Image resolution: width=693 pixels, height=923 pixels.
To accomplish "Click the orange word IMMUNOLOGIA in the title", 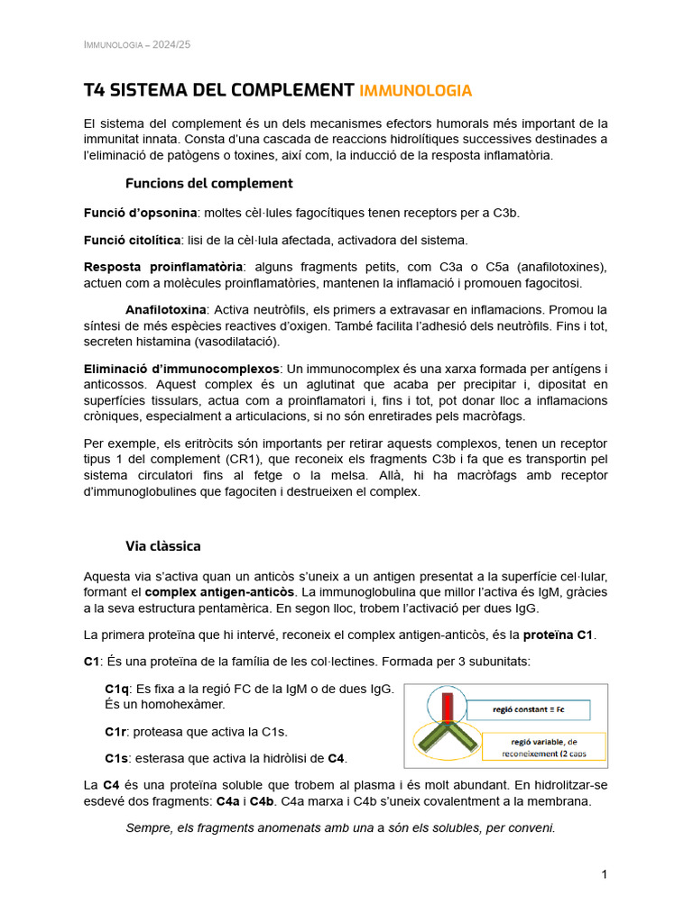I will pyautogui.click(x=415, y=90).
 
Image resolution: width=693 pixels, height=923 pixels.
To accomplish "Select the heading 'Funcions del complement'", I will pyautogui.click(x=208, y=183).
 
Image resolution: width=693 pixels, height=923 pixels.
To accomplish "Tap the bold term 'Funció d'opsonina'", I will pyautogui.click(x=140, y=213).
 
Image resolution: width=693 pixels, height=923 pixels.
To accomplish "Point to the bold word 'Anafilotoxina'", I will pyautogui.click(x=166, y=309).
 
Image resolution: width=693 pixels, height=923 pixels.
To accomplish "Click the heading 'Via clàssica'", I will pyautogui.click(x=162, y=546).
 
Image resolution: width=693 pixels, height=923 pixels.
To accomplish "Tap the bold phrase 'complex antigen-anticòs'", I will pyautogui.click(x=219, y=591).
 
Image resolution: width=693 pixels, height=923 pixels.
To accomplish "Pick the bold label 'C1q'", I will pyautogui.click(x=117, y=689).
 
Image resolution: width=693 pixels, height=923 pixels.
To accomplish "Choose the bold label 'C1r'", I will pyautogui.click(x=116, y=731).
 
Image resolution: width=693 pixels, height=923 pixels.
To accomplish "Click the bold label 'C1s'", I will pyautogui.click(x=117, y=758).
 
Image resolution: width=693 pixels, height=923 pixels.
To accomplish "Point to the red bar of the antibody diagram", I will pyautogui.click(x=448, y=708).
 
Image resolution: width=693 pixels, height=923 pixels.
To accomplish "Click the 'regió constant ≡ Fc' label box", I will pyautogui.click(x=528, y=710).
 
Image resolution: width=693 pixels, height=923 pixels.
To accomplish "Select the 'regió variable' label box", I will pyautogui.click(x=546, y=746).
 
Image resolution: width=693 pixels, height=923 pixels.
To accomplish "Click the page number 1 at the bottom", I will pyautogui.click(x=605, y=874).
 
